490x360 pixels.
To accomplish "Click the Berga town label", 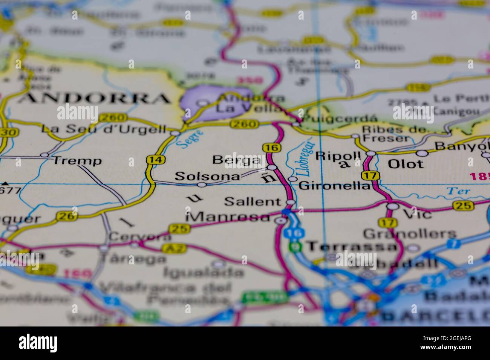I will [x=236, y=160].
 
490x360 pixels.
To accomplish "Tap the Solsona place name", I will [x=207, y=176].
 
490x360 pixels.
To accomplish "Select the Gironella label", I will [x=334, y=186].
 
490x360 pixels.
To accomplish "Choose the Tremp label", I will [x=77, y=161].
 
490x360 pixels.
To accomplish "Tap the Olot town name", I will [x=406, y=164].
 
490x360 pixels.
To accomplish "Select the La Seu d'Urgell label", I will [x=104, y=129].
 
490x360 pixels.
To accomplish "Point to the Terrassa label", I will [x=352, y=247].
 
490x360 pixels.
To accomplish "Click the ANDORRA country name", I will [x=94, y=99].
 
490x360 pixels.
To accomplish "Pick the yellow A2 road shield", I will [x=170, y=248].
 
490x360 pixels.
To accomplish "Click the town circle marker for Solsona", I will [x=202, y=185].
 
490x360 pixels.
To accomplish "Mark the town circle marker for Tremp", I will [x=44, y=155].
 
